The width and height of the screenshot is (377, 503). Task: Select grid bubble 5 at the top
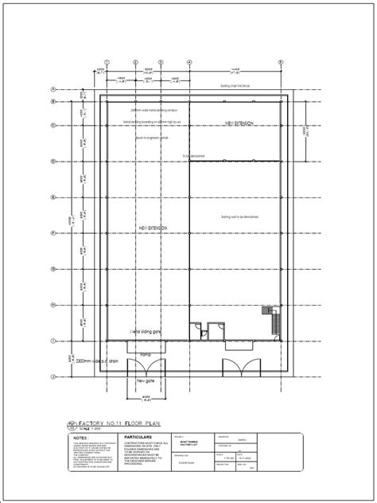point(281,61)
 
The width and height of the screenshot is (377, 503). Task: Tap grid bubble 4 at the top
point(189,61)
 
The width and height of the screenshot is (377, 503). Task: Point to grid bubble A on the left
point(52,89)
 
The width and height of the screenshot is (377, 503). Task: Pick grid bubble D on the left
point(52,160)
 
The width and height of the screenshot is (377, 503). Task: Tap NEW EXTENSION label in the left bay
point(152,228)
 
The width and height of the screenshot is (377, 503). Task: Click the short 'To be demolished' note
point(192,156)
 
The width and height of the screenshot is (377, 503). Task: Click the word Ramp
point(146,354)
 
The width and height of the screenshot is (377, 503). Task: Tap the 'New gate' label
point(146,380)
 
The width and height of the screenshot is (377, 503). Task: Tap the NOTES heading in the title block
point(80,437)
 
